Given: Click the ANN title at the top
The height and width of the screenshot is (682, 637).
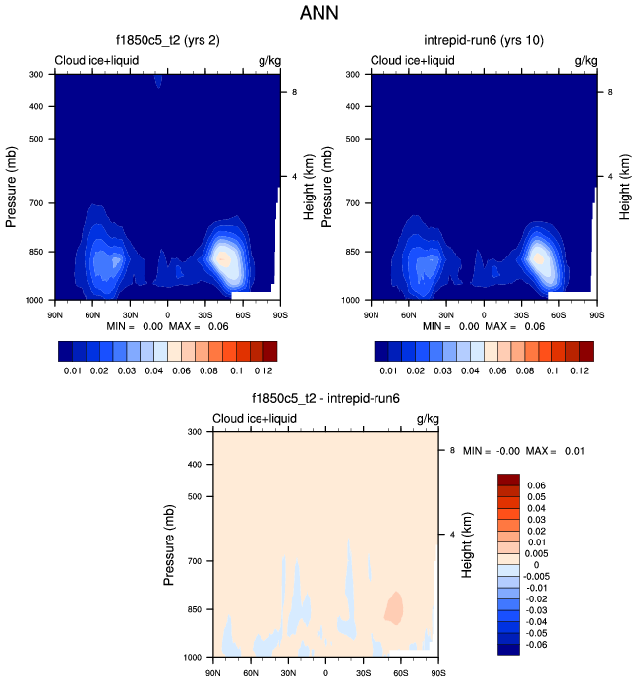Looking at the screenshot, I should [319, 15].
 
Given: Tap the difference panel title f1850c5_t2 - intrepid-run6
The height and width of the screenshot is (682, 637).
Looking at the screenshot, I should [325, 398].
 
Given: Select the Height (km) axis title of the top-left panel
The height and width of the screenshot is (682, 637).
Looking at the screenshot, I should [309, 184].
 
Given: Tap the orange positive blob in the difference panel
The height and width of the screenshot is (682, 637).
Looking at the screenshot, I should [394, 607].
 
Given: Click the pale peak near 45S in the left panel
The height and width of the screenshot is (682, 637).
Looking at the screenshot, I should [223, 259].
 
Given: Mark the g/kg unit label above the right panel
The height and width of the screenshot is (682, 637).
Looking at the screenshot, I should [586, 61].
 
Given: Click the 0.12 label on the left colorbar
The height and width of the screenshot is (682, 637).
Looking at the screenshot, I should [264, 372].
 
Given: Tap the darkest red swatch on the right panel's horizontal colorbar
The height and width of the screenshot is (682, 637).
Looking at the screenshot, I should [587, 351].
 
